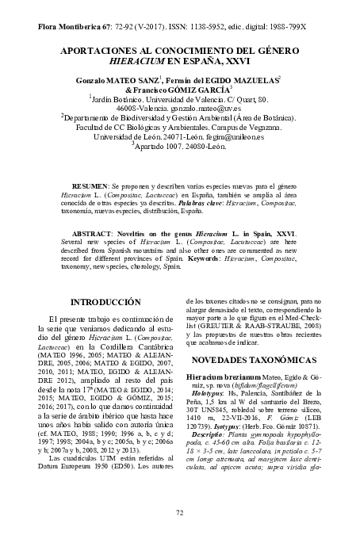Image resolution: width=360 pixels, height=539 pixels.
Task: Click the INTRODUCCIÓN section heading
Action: (106, 302)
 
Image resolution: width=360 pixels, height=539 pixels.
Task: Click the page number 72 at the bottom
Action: (179, 513)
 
